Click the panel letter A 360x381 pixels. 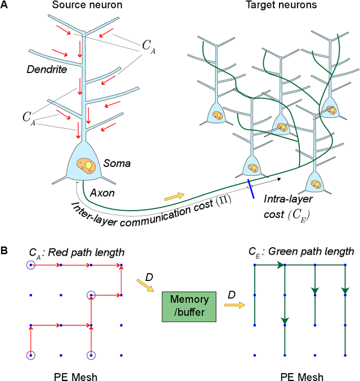coord(6,6)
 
